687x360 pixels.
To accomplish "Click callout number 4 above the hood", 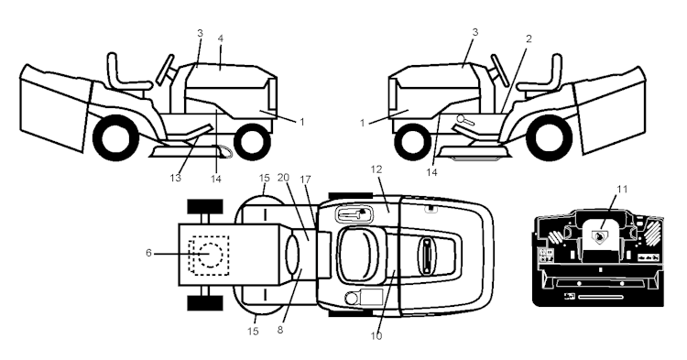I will (221, 38).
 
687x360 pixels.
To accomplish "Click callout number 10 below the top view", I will (376, 336).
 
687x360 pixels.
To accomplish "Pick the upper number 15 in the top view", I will (263, 177).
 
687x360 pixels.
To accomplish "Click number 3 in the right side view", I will (474, 33).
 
